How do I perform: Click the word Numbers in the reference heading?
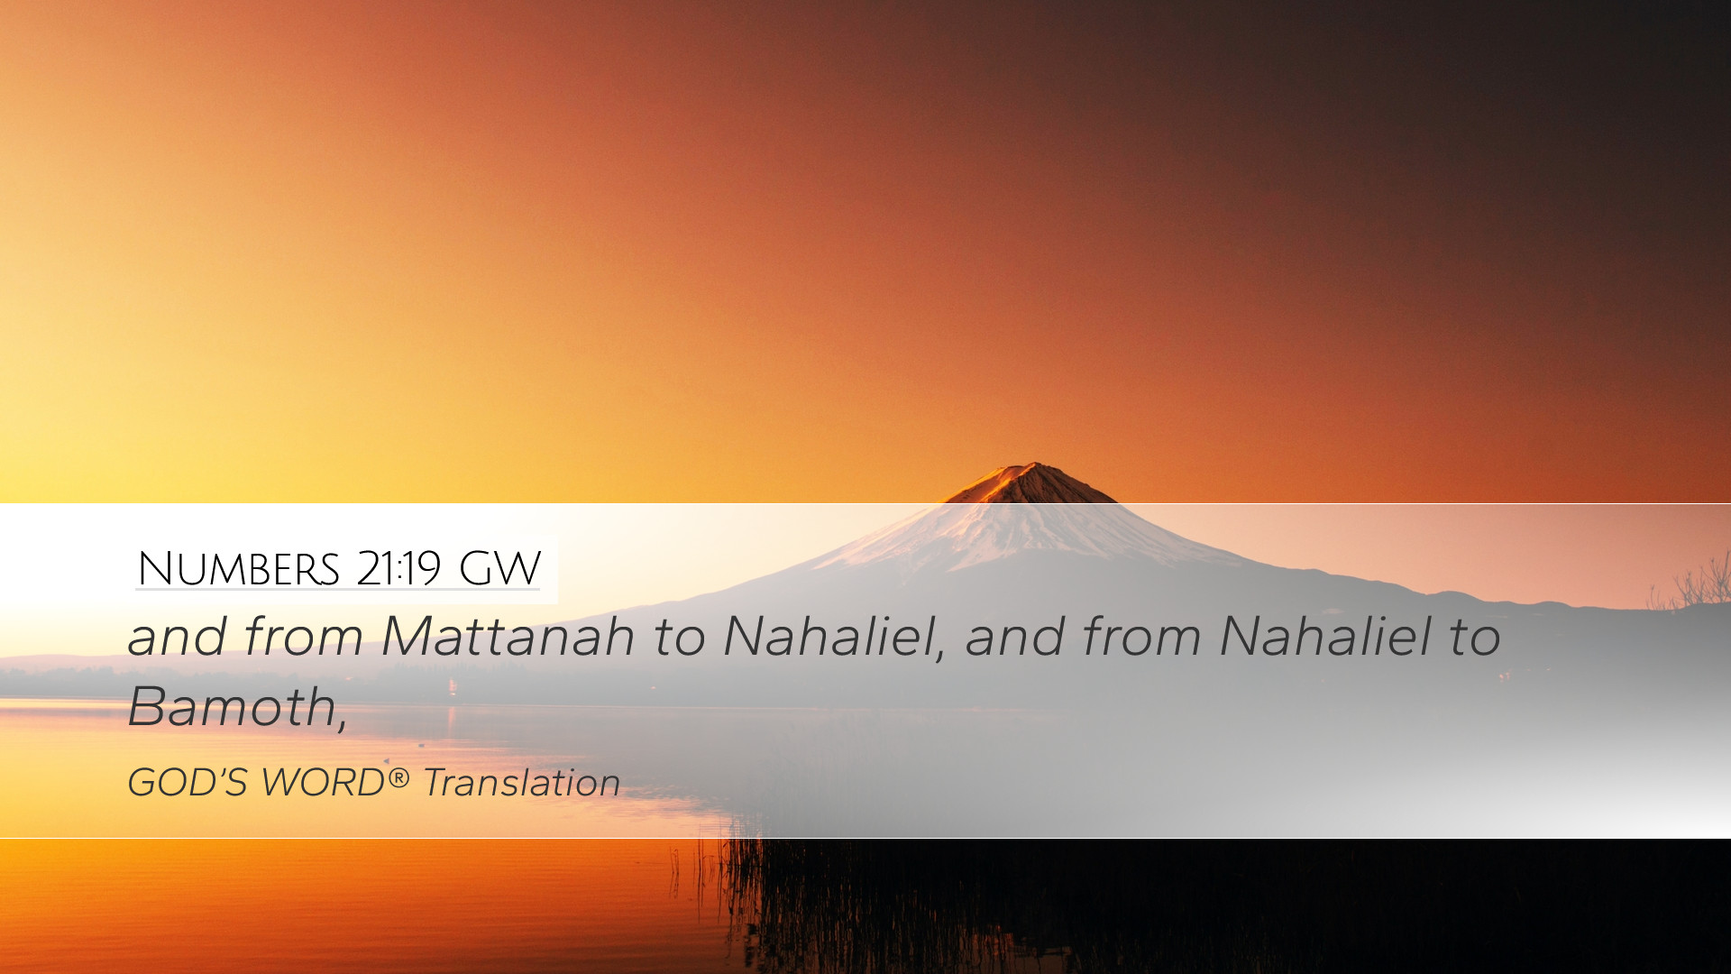click(x=238, y=569)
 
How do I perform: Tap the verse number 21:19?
click(x=398, y=569)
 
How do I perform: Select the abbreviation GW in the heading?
click(x=499, y=569)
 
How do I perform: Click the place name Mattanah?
click(x=508, y=637)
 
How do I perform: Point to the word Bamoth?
click(x=232, y=706)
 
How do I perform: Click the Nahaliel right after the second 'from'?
click(x=1325, y=637)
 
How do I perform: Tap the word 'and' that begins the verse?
click(x=176, y=637)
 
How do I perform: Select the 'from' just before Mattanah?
click(x=302, y=637)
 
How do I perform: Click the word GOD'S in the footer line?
click(x=188, y=783)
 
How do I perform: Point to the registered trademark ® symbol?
click(x=398, y=777)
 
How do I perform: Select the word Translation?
click(x=521, y=783)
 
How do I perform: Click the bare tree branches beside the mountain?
click(x=1691, y=583)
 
